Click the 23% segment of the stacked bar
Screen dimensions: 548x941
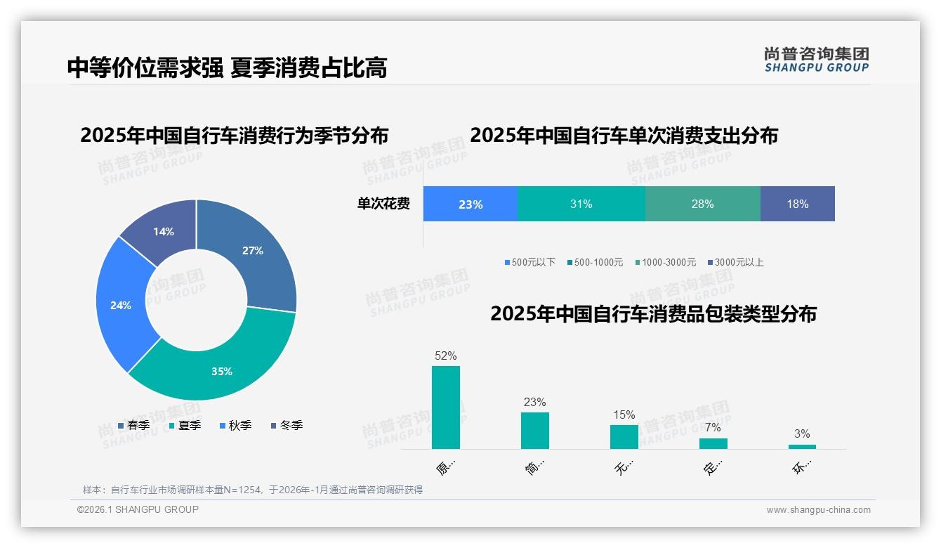(x=470, y=204)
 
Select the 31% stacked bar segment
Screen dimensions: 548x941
(x=581, y=204)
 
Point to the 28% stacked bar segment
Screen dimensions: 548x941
(x=702, y=204)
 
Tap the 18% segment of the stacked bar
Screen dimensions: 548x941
(x=797, y=204)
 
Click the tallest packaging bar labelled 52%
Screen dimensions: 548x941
(x=445, y=407)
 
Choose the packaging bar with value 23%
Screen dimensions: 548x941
(x=534, y=430)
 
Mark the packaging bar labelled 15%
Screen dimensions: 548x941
(x=624, y=436)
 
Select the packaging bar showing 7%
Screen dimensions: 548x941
(x=713, y=443)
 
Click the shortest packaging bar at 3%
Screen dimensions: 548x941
(x=802, y=447)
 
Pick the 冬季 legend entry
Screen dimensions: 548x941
(x=286, y=426)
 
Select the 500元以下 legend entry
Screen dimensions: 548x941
(x=529, y=263)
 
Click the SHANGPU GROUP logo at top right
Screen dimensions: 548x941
(x=816, y=60)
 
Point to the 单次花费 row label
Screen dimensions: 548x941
(x=383, y=204)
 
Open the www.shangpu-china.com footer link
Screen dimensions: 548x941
(x=818, y=510)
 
